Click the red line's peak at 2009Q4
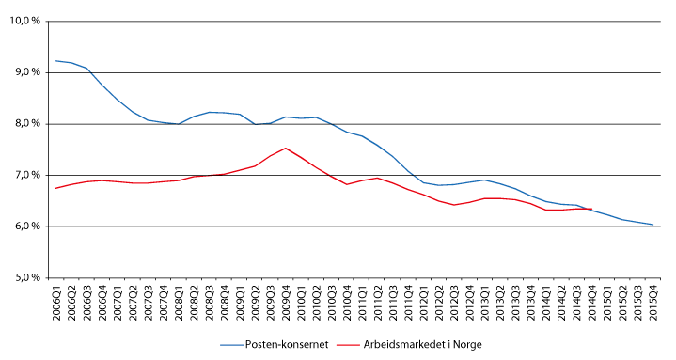(286, 148)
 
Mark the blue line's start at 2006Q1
(56, 61)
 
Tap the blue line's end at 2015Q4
(652, 225)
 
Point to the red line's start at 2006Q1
(56, 188)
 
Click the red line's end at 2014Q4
(591, 209)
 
